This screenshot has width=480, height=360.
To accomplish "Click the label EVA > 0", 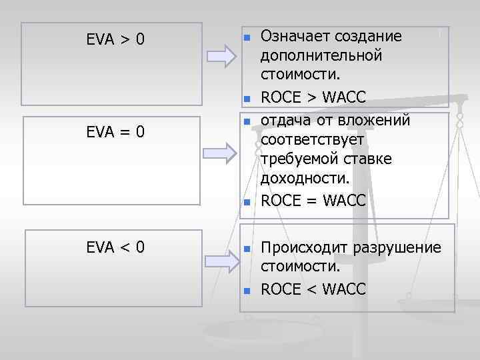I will click(115, 40).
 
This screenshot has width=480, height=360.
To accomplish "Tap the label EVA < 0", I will click(115, 248).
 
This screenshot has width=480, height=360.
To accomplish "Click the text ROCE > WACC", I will click(313, 98).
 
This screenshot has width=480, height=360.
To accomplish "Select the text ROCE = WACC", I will click(313, 201).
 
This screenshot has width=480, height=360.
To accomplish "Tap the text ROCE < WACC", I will click(313, 289).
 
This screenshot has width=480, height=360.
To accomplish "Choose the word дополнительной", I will click(321, 55).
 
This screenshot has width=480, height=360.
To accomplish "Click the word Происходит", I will click(297, 248).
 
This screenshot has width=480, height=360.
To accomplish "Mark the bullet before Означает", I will click(246, 37).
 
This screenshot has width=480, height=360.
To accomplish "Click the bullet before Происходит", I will click(246, 249).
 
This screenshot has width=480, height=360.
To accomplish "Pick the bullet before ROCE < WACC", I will click(246, 290).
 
